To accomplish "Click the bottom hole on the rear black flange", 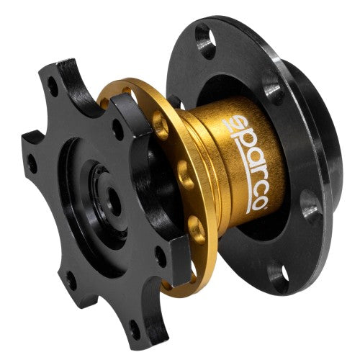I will coord(276,276).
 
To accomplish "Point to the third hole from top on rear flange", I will coord(309,205).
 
